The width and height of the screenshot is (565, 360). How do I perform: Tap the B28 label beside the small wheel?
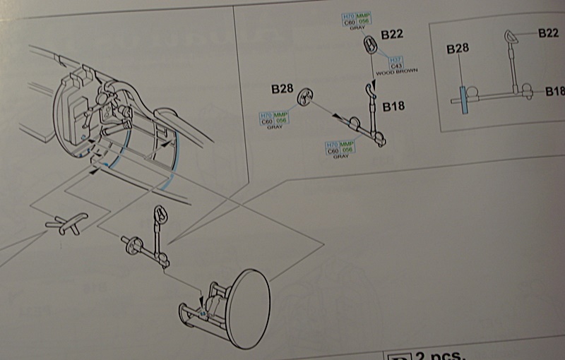click(282, 89)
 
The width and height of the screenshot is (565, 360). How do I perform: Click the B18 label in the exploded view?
click(393, 107)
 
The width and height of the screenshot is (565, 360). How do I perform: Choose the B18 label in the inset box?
click(554, 92)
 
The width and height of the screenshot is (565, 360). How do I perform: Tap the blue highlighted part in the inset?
click(463, 100)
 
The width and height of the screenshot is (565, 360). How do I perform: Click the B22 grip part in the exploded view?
click(369, 46)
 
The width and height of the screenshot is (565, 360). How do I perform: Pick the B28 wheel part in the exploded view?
click(305, 97)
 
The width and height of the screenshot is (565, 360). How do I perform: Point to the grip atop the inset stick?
click(510, 37)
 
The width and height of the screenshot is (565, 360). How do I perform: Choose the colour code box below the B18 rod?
click(340, 148)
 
